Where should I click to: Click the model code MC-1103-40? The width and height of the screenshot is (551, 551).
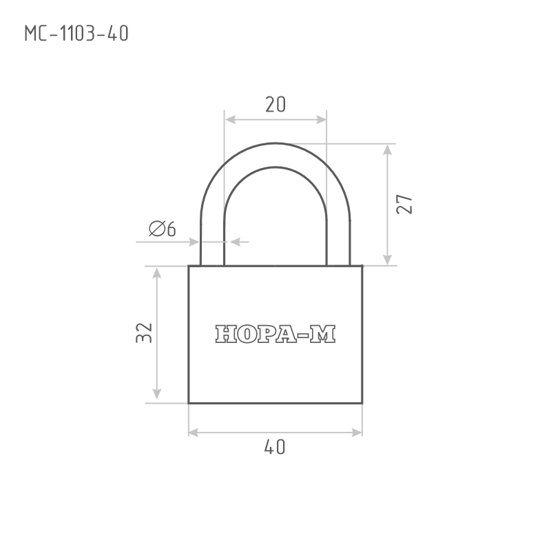point(76,34)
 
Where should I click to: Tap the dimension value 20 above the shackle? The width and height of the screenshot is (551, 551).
point(275,105)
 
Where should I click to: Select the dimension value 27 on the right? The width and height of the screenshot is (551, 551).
point(404,204)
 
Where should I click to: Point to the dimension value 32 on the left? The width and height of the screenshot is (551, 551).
point(144,333)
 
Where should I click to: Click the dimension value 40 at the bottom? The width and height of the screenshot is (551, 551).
point(275,447)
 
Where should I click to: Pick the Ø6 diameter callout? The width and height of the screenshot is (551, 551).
point(162,229)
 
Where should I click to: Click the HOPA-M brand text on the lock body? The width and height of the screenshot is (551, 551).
point(275,334)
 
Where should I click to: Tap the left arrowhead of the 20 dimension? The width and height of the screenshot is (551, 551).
point(230,120)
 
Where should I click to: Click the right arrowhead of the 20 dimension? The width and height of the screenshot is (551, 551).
point(321,120)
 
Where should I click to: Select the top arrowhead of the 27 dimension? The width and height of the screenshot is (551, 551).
point(387,149)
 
